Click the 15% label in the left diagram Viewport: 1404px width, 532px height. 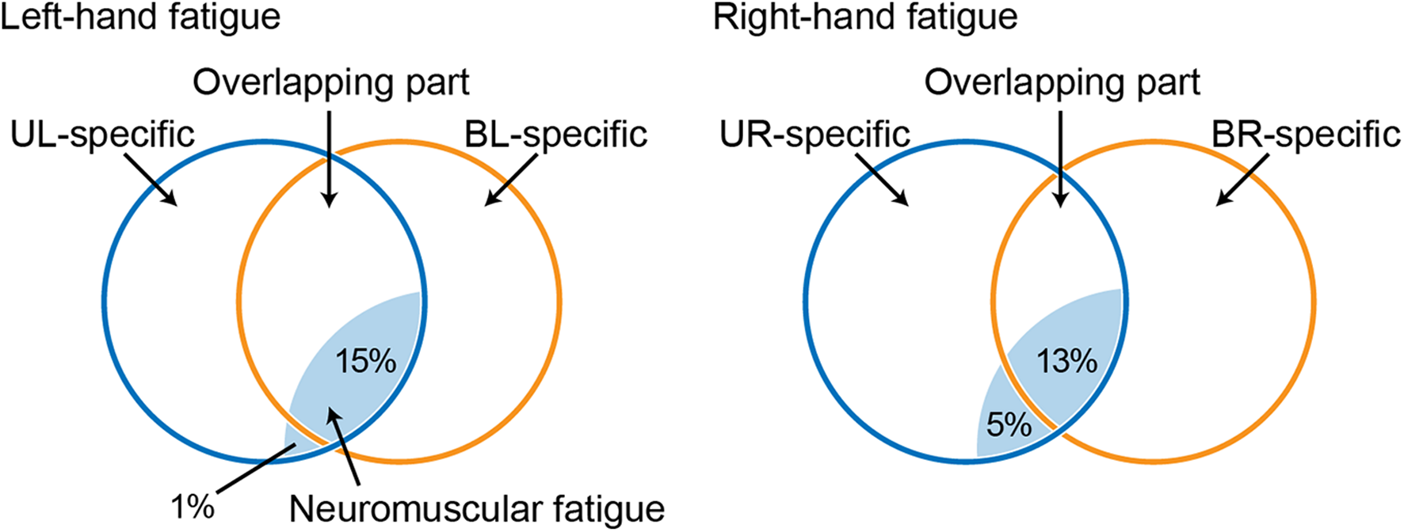click(x=365, y=362)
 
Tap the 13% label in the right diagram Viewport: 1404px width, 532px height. click(x=1066, y=362)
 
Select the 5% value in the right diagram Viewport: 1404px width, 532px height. click(x=1009, y=425)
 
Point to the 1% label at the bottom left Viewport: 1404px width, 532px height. click(x=193, y=507)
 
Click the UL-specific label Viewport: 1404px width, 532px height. click(x=102, y=135)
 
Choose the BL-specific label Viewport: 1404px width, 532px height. click(x=555, y=135)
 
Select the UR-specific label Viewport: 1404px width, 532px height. click(x=815, y=135)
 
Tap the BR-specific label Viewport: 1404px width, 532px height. click(x=1306, y=135)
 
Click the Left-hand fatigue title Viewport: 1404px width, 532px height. click(x=140, y=17)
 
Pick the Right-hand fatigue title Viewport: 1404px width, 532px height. click(x=865, y=17)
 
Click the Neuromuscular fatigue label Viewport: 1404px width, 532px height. click(x=476, y=509)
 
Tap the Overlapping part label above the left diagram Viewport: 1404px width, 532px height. click(x=331, y=82)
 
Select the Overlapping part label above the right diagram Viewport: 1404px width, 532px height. click(x=1063, y=82)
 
